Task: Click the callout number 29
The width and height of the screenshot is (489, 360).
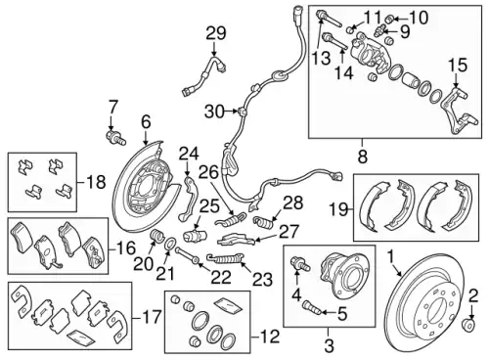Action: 216,33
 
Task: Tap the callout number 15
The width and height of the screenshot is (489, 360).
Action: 457,65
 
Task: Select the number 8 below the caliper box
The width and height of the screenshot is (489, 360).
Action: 362,157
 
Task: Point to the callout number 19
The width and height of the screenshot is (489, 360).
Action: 338,209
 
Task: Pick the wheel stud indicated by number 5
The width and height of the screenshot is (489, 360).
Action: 310,308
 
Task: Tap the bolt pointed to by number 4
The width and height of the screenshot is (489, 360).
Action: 299,262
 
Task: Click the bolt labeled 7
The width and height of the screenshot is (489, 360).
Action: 115,138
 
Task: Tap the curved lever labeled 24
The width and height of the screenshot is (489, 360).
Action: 188,199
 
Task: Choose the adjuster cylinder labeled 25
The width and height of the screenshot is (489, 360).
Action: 195,235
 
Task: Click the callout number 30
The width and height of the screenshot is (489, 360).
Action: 214,112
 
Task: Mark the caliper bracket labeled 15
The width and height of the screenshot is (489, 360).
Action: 460,111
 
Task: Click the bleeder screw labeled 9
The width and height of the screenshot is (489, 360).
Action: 380,31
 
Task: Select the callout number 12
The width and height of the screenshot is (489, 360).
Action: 270,337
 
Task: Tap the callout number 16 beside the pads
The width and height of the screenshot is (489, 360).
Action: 126,249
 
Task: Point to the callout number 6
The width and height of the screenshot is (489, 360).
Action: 146,122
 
